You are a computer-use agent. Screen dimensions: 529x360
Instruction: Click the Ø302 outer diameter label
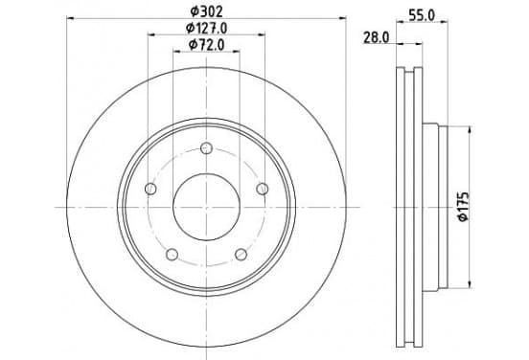point(206,11)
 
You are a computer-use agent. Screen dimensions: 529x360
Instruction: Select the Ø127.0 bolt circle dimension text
point(206,29)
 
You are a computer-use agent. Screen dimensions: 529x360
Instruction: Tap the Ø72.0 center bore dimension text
point(206,45)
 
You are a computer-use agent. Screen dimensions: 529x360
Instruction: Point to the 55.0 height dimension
point(422,15)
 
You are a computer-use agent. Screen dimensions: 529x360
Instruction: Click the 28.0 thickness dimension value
point(377,37)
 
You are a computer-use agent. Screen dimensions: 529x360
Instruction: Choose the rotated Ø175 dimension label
point(464,206)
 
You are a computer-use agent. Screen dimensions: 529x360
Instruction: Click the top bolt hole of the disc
point(206,148)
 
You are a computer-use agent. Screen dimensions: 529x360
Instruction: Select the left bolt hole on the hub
point(150,189)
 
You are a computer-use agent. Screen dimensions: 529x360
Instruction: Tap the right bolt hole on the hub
point(263,189)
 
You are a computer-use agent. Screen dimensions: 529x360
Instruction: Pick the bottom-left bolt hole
point(172,254)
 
